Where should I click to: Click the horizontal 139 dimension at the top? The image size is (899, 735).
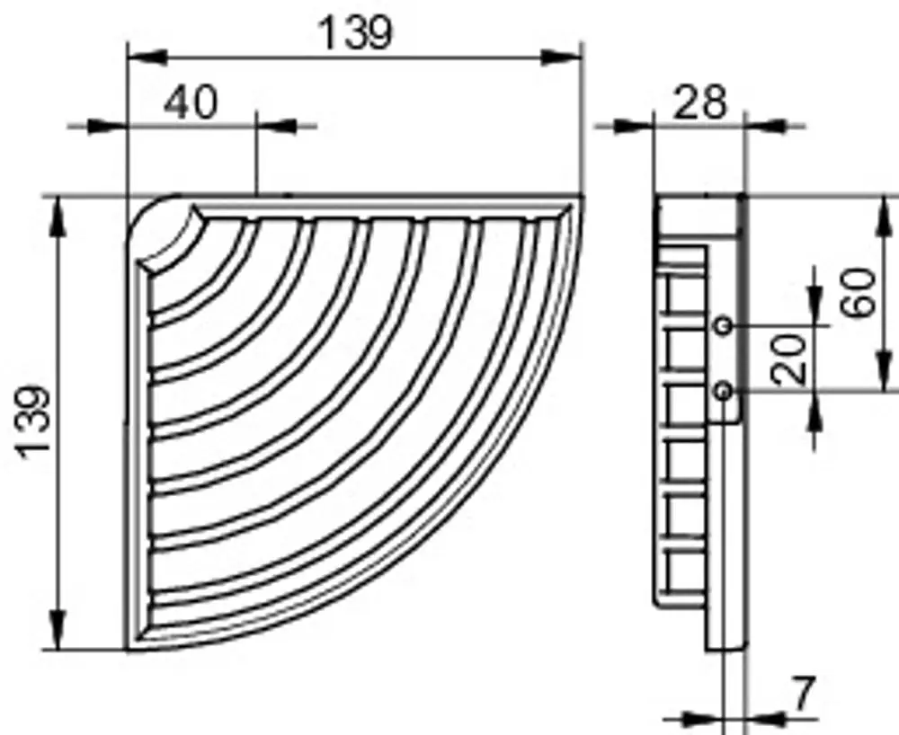355,32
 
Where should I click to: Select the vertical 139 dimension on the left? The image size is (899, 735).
34,422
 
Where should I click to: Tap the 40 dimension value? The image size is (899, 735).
191,103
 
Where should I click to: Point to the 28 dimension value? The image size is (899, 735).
700,103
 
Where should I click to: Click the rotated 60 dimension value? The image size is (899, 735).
859,292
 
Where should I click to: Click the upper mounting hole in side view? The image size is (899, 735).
724,326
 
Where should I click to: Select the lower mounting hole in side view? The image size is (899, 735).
724,392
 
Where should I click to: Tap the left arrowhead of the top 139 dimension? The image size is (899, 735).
147,58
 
